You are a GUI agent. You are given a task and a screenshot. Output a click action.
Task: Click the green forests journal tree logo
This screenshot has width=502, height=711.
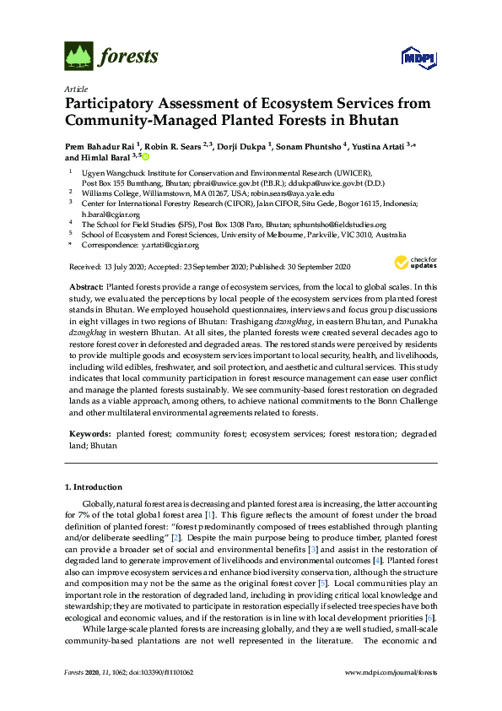[78, 57]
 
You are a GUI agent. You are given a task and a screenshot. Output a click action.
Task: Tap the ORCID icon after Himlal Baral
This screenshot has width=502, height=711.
[144, 157]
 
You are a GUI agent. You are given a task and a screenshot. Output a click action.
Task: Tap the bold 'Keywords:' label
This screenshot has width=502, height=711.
[89, 433]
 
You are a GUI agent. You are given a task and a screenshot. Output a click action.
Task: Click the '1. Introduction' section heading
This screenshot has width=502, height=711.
[94, 487]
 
